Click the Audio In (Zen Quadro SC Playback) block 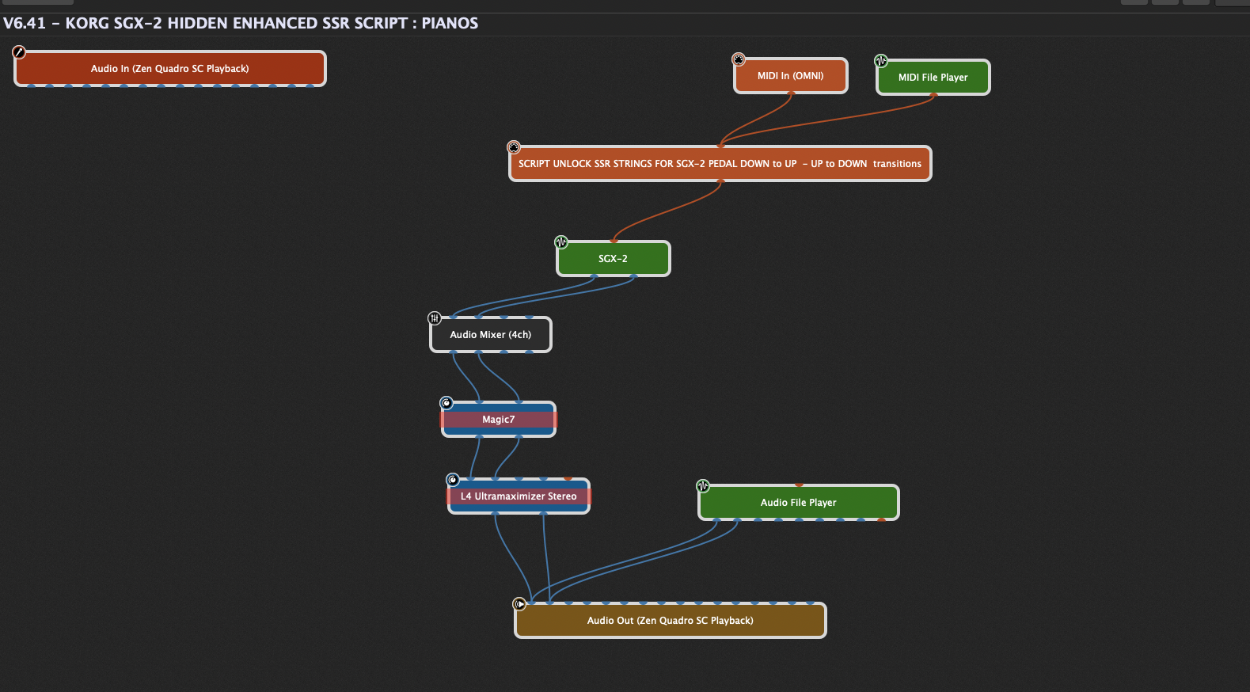click(x=169, y=69)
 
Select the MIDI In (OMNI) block click(x=790, y=76)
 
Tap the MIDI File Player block click(x=933, y=77)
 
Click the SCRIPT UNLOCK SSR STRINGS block click(x=720, y=164)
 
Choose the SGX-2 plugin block click(x=613, y=258)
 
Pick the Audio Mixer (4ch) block click(x=491, y=334)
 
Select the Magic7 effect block click(x=498, y=419)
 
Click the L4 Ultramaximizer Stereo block click(x=519, y=496)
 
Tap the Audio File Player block click(x=798, y=502)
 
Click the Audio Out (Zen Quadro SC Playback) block click(x=670, y=620)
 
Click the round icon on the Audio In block click(x=19, y=52)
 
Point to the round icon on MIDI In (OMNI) click(x=739, y=59)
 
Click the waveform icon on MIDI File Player click(x=881, y=61)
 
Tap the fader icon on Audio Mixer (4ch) click(x=434, y=318)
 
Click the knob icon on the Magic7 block click(x=446, y=403)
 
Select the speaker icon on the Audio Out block click(x=519, y=604)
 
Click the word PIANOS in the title click(x=450, y=24)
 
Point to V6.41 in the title click(x=24, y=24)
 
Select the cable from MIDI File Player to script click(x=826, y=120)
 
